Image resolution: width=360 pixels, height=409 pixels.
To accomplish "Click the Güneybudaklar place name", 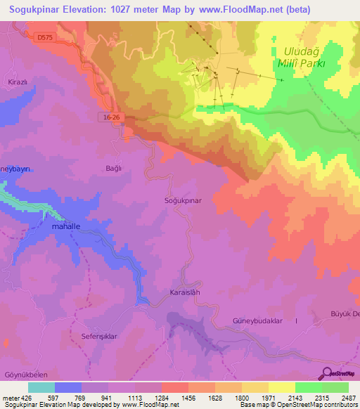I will pos(257,320).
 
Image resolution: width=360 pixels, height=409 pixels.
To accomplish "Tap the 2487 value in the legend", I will pos(348,398).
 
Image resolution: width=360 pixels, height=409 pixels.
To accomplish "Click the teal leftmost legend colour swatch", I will pos(41,387).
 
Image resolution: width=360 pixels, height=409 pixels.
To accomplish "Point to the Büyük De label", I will pos(345,313).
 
